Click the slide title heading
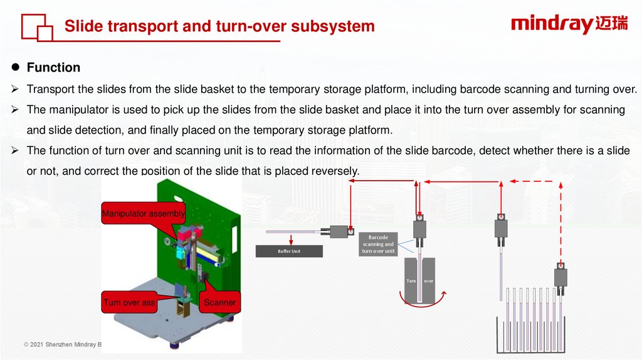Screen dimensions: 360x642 [x=219, y=26]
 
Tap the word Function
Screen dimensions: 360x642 [x=53, y=67]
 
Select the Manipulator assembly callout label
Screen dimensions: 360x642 [x=144, y=214]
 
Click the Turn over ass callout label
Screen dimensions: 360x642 [x=130, y=302]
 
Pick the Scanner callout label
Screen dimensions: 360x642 [x=219, y=302]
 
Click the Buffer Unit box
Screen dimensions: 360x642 [x=289, y=251]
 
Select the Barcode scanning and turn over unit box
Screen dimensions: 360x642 [x=378, y=245]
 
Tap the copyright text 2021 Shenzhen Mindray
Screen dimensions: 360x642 [x=63, y=344]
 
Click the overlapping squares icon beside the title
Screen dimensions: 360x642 [x=36, y=28]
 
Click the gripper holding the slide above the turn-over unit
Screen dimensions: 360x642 [x=420, y=228]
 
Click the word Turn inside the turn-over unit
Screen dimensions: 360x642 [x=411, y=281]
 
